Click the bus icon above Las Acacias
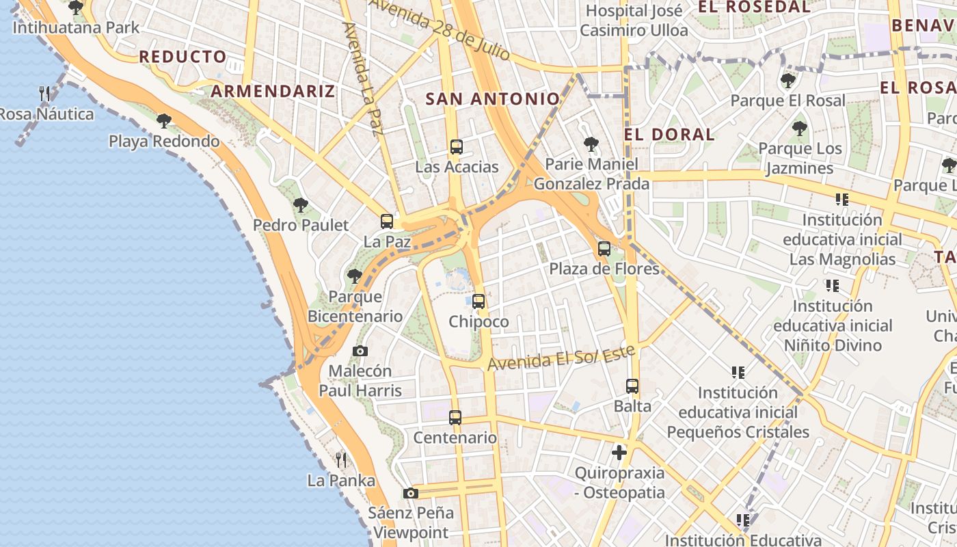[456, 147]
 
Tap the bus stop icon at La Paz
[387, 222]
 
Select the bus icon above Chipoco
[478, 302]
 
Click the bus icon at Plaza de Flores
[604, 249]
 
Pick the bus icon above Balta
[632, 386]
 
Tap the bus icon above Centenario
[455, 418]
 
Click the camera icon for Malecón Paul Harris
[360, 351]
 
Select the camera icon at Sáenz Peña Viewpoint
[410, 493]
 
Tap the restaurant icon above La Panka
[341, 460]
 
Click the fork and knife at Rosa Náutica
[45, 94]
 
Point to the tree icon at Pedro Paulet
[300, 204]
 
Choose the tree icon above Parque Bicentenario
[354, 276]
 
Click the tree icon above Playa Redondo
[163, 121]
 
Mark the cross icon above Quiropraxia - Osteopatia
[619, 453]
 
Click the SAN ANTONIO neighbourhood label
[493, 99]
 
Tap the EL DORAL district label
[669, 134]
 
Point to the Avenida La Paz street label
[360, 79]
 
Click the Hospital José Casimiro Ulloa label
[634, 21]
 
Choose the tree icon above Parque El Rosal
[787, 81]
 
